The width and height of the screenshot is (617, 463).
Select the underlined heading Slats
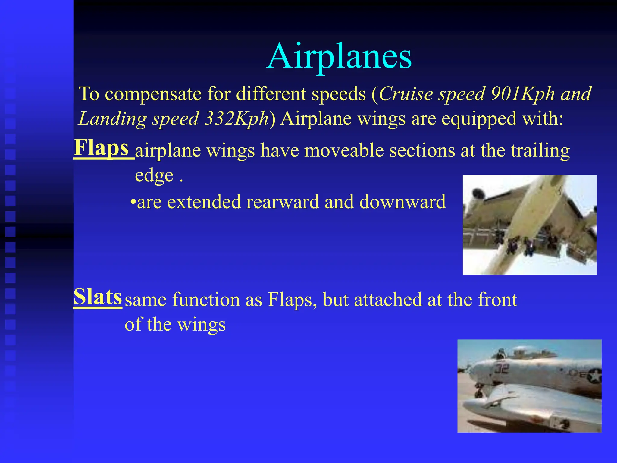click(x=98, y=297)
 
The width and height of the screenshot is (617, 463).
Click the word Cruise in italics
click(x=406, y=94)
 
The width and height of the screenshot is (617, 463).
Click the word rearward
click(x=282, y=202)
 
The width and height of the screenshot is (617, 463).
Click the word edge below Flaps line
click(x=154, y=176)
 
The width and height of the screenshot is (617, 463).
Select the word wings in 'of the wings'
click(x=201, y=325)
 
